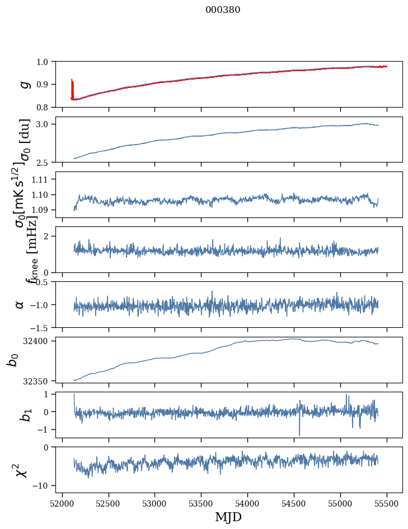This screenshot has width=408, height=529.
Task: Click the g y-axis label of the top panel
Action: click(24, 84)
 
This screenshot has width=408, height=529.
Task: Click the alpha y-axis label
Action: click(20, 304)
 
